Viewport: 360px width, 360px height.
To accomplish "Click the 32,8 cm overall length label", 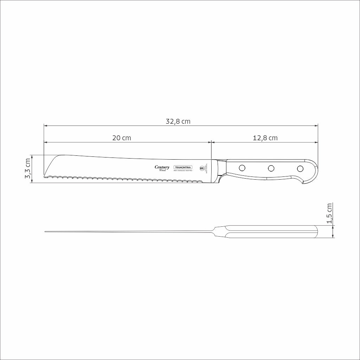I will coord(178,122).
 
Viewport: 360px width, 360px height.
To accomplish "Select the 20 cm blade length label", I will coord(122,138).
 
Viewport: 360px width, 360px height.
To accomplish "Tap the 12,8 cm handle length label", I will coord(265,138).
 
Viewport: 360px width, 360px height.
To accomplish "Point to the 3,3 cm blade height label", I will coord(28,169).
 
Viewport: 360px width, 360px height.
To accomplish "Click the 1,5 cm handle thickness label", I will coord(329,213).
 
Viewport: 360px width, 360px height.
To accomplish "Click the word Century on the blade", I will coord(162,167).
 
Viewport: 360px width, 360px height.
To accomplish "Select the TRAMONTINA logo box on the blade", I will coord(183,168).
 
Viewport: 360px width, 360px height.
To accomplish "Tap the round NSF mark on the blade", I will coord(202,168).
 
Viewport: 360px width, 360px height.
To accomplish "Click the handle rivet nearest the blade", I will coord(242,168).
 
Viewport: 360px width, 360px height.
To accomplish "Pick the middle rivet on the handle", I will coord(271,168).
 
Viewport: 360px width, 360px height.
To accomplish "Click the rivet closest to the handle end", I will coord(300,168).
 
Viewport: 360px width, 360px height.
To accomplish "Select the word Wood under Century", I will coord(162,171).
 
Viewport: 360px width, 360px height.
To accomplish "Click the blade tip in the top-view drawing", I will coord(46,231).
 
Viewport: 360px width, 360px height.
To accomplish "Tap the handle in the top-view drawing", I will coord(271,232).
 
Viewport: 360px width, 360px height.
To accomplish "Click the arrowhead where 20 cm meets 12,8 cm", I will coord(211,142).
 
